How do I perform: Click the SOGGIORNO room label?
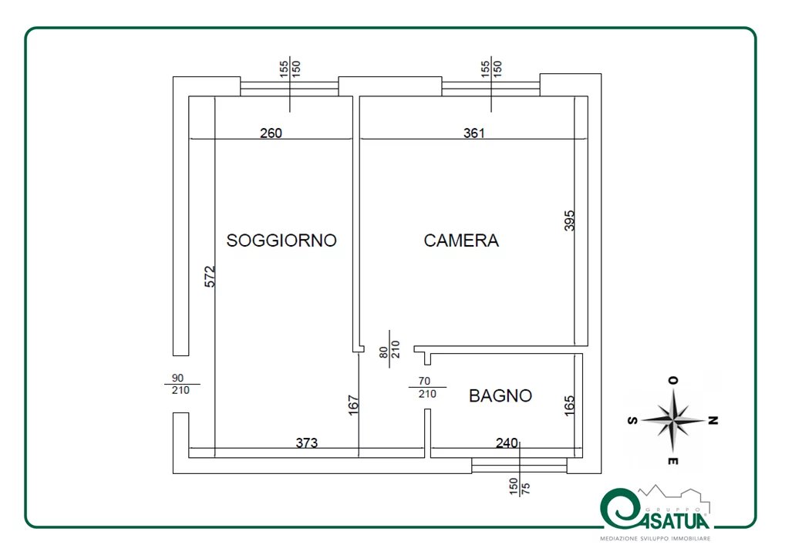click(x=281, y=240)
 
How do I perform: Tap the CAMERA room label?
click(x=461, y=240)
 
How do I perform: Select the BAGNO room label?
click(x=500, y=395)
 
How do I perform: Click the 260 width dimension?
click(x=271, y=133)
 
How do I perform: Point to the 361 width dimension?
click(x=473, y=133)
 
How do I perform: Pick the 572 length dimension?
click(x=210, y=276)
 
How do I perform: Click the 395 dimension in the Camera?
click(x=569, y=220)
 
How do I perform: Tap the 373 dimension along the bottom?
click(x=306, y=442)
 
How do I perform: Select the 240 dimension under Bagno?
click(x=507, y=442)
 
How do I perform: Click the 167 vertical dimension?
click(x=353, y=405)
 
